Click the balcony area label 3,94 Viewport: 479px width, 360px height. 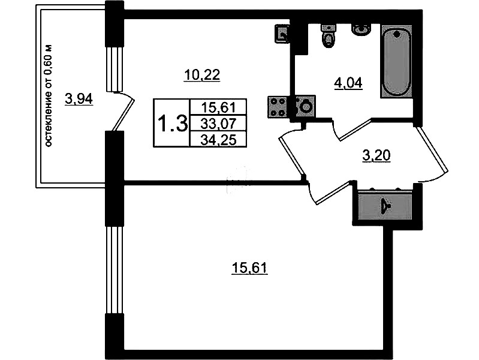pyautogui.click(x=79, y=99)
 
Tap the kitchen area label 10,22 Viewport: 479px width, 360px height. pyautogui.click(x=202, y=75)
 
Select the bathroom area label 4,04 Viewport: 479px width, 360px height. pyautogui.click(x=348, y=83)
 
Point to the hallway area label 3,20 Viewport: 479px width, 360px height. pyautogui.click(x=376, y=155)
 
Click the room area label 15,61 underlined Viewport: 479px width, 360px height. pyautogui.click(x=249, y=268)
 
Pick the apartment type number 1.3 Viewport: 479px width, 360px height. pyautogui.click(x=172, y=124)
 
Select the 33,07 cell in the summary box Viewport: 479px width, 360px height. pyautogui.click(x=218, y=124)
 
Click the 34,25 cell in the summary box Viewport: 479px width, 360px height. pyautogui.click(x=218, y=140)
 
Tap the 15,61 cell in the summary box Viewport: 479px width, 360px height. pyautogui.click(x=218, y=107)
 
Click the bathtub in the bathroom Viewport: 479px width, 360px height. pyautogui.click(x=396, y=62)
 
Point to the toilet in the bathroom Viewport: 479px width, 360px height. pyautogui.click(x=328, y=35)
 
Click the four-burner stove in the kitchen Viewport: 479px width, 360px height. pyautogui.click(x=278, y=107)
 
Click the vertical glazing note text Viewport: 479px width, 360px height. pyautogui.click(x=49, y=95)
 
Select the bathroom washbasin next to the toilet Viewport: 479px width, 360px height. pyautogui.click(x=361, y=30)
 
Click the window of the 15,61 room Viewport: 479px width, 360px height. pyautogui.click(x=114, y=270)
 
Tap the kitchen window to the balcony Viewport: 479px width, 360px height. pyautogui.click(x=114, y=69)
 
